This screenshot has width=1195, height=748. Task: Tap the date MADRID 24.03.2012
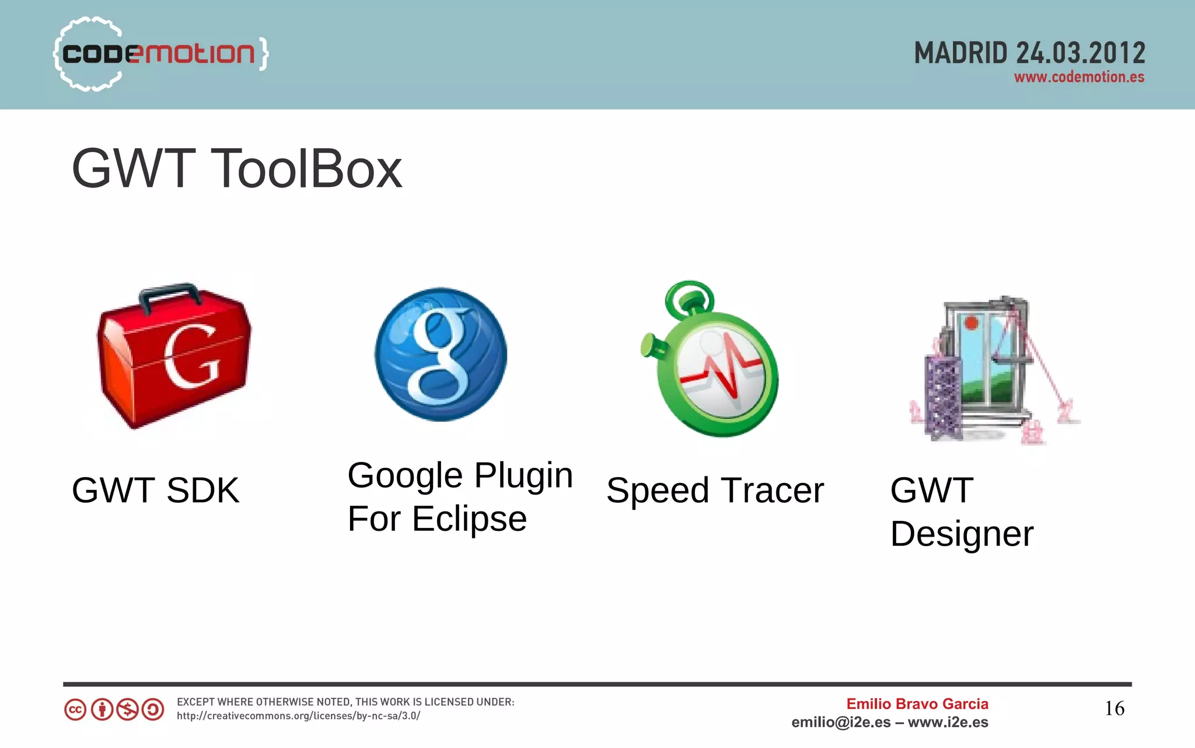[x=1029, y=53]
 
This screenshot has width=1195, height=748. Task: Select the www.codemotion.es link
[x=1079, y=77]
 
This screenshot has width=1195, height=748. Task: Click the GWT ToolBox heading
[x=236, y=169]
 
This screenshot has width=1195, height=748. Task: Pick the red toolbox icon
[x=174, y=359]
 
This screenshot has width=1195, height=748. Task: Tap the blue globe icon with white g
[x=441, y=354]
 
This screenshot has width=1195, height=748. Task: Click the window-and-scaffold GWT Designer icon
[x=992, y=371]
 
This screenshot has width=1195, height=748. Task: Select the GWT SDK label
[x=155, y=490]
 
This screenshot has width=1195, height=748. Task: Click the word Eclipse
[x=469, y=519]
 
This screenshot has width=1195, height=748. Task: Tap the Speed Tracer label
[x=715, y=490]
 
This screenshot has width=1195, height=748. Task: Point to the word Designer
[x=962, y=534]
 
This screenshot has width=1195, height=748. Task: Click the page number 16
[x=1114, y=708]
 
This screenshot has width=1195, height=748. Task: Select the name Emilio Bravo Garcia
[x=917, y=704]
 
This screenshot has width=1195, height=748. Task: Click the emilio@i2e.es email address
[x=841, y=722]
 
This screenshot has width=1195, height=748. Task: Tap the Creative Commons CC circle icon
[x=75, y=710]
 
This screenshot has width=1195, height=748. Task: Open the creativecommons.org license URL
[x=298, y=716]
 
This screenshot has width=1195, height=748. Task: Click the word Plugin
[x=523, y=476]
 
